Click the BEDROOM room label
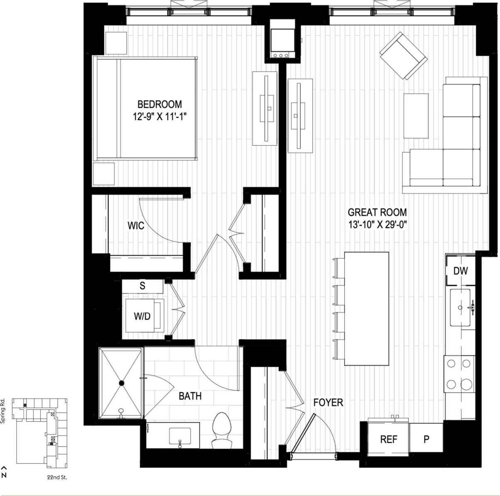point(159,104)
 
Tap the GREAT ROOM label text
point(377,213)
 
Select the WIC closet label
point(136,226)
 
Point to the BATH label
point(190,396)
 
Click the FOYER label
point(328,402)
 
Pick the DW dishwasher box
point(460,271)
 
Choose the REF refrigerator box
point(388,439)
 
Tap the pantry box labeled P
point(426,439)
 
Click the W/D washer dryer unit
point(142,316)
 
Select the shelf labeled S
point(142,286)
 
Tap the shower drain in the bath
point(122,383)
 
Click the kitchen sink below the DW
point(460,308)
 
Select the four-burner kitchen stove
point(459,374)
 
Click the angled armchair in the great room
point(403,56)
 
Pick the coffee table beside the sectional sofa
point(416,115)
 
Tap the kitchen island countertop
point(366,308)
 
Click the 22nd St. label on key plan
point(57,477)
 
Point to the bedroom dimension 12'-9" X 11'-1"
point(159,117)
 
